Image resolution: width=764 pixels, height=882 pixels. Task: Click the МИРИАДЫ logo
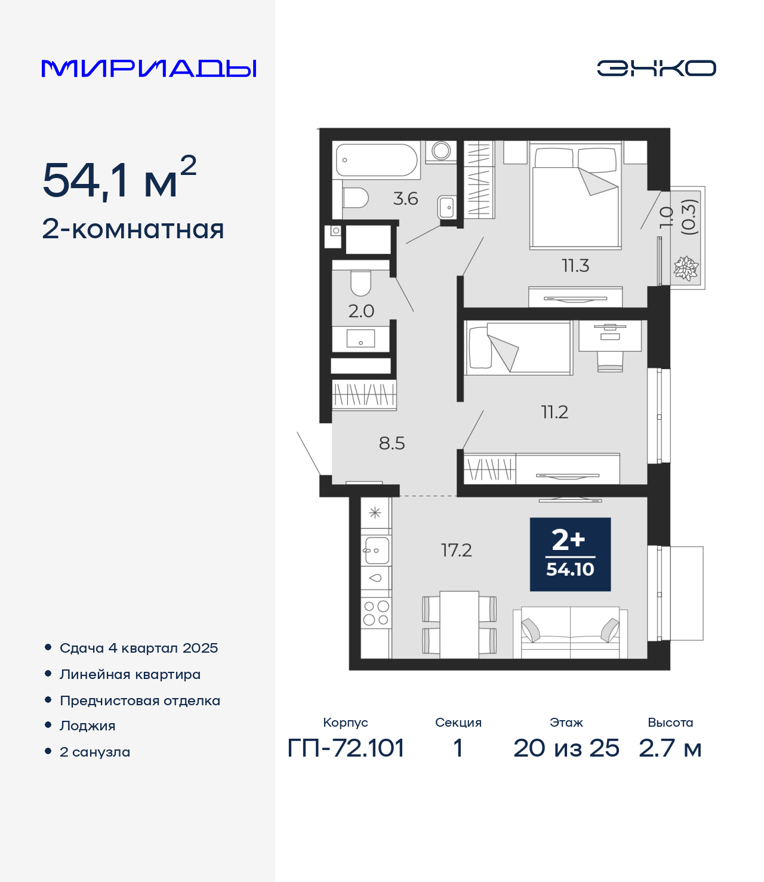tap(149, 68)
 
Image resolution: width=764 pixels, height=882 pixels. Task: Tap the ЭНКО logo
tap(656, 68)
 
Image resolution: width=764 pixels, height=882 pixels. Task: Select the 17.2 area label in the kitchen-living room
tap(456, 551)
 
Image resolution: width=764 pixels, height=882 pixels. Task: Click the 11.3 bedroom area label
tap(575, 266)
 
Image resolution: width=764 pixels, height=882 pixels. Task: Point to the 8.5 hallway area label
tap(392, 443)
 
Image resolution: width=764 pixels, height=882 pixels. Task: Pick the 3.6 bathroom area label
tap(405, 199)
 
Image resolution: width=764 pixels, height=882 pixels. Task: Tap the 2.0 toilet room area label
tap(361, 312)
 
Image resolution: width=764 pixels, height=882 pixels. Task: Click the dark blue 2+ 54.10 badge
tap(570, 554)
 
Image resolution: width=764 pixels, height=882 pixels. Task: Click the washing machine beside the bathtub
tap(440, 152)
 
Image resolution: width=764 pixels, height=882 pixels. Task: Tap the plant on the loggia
tap(686, 268)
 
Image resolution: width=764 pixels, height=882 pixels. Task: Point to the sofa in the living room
tap(570, 633)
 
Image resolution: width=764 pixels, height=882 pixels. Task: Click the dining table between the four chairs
tap(459, 625)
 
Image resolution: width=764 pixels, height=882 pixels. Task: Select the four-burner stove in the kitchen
tap(376, 613)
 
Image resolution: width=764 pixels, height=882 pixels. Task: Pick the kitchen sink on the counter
tap(376, 551)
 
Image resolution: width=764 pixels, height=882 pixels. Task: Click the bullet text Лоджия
tap(88, 726)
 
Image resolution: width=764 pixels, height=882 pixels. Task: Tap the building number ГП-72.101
tap(346, 748)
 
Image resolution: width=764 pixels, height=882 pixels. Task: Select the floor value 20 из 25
tap(566, 748)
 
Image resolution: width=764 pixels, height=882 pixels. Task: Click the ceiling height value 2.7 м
tap(670, 748)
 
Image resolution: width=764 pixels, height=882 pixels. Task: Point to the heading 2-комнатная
tap(133, 229)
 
